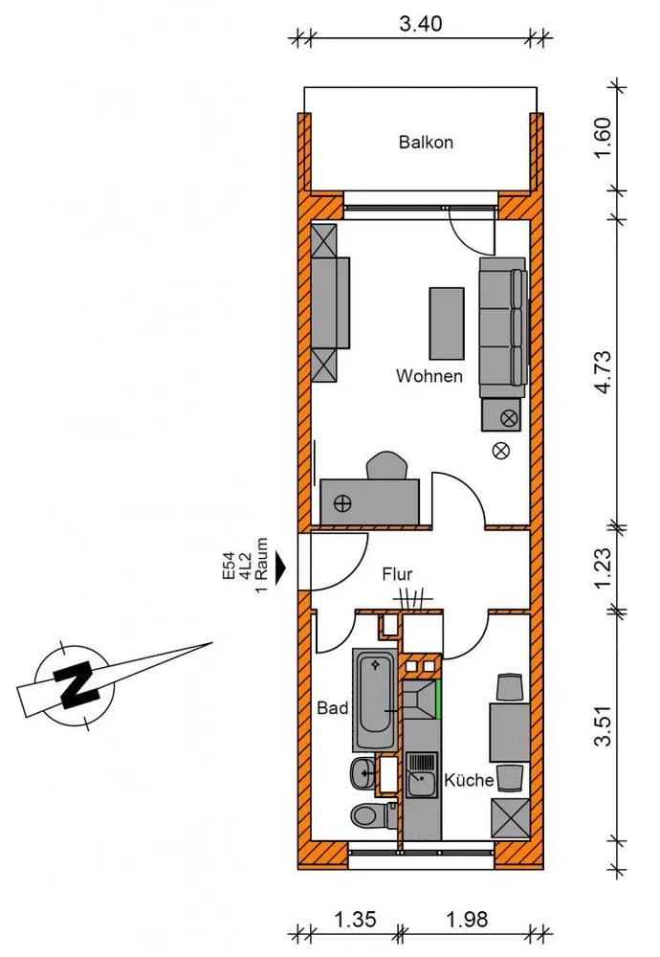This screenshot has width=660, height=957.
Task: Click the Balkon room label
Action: tap(426, 143)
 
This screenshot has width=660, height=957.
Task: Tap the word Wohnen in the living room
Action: tap(429, 376)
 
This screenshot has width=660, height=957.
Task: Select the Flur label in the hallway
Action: tap(397, 574)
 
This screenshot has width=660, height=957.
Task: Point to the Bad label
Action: tap(333, 708)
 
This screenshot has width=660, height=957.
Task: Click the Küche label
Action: tap(469, 780)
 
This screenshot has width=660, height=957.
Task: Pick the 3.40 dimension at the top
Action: tap(420, 24)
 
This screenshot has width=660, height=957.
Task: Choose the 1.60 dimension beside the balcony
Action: tap(603, 137)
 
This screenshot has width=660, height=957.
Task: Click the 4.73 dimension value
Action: tap(603, 371)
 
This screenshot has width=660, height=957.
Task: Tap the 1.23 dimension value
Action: tap(603, 568)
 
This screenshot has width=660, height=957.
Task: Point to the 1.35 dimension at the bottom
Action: tap(356, 919)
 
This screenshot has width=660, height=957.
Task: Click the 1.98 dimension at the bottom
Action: tap(467, 919)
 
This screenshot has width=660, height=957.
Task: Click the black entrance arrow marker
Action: tap(280, 568)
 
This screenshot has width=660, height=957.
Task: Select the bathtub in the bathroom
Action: tap(375, 701)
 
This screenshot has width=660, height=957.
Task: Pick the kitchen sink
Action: tap(422, 774)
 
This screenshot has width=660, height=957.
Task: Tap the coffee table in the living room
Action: tap(447, 323)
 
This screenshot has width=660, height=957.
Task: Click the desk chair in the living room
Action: tap(386, 465)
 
